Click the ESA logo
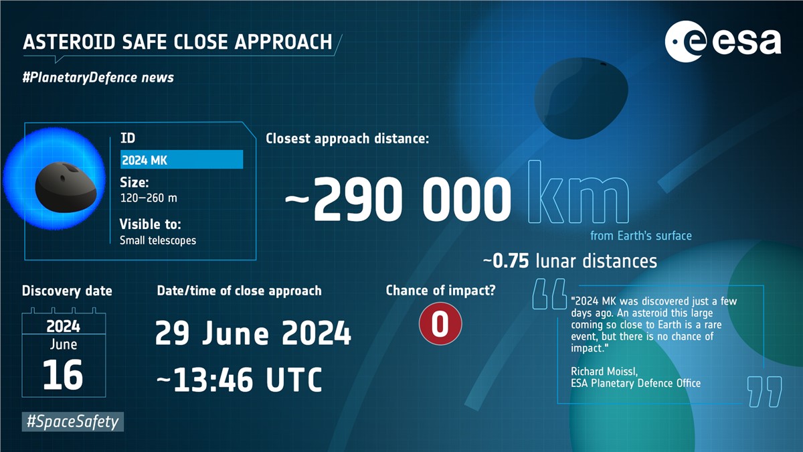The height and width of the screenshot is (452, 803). tap(723, 42)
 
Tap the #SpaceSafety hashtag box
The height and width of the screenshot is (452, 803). tap(73, 421)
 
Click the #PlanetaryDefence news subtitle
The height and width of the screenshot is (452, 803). tap(98, 78)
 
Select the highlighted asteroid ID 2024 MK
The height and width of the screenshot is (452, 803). tap(182, 159)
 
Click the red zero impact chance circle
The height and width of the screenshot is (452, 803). tap(440, 323)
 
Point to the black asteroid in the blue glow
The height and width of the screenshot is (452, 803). tap(66, 187)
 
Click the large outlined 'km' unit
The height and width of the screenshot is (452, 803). tap(579, 192)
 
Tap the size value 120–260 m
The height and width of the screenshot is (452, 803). tap(149, 198)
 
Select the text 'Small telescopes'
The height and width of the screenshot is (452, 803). tap(158, 240)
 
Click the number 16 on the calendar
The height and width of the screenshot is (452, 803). tap(63, 375)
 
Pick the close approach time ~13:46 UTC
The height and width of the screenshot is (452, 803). tap(239, 380)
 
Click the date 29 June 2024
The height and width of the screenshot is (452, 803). tap(253, 333)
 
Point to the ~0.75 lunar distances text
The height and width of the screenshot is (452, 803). tap(570, 261)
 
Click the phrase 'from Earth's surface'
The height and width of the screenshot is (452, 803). tap(641, 236)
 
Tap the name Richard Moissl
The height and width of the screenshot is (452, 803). tap(604, 371)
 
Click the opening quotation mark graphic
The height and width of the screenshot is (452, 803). tap(549, 294)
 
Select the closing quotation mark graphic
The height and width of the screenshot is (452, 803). tap(764, 392)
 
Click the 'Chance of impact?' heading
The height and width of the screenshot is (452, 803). tap(440, 291)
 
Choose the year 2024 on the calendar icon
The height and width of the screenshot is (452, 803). tap(63, 326)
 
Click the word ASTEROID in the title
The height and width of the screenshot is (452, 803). tap(69, 42)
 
